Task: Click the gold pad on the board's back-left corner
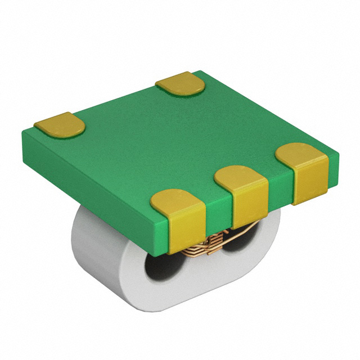pos(59,125)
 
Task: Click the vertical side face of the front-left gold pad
pos(186,231)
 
